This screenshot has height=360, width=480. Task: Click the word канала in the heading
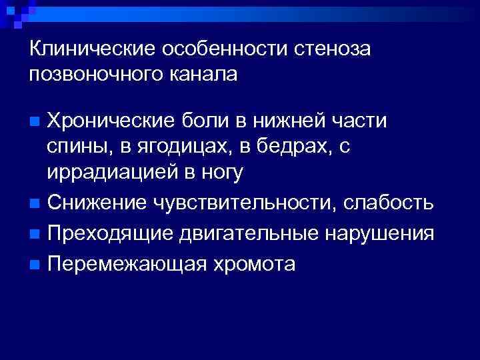[203, 74]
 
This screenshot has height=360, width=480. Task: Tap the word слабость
[389, 202]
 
